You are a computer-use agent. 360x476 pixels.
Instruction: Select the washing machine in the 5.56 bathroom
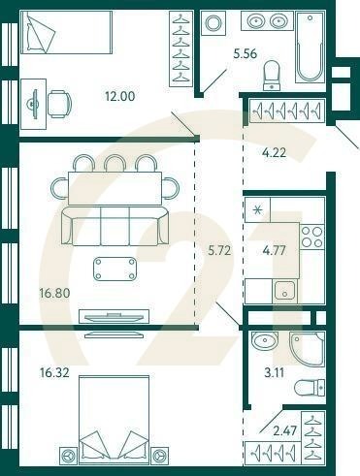point(213,24)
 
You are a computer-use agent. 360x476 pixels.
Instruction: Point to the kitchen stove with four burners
point(311,238)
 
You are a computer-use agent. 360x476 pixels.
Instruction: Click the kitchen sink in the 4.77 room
point(284,289)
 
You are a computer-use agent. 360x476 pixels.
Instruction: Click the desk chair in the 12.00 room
point(59,101)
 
